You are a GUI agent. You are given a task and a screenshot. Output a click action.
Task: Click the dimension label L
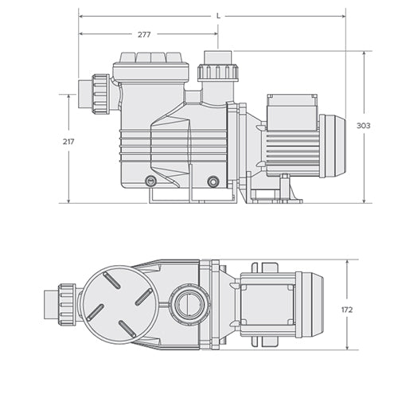[219, 15]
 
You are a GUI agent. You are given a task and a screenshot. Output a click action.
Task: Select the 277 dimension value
[144, 35]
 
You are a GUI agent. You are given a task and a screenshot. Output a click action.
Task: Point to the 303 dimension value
[363, 126]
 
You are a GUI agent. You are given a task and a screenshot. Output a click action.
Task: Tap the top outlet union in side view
[218, 69]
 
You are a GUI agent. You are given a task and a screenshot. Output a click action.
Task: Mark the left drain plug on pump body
[151, 181]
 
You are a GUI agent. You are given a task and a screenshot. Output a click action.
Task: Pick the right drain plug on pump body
[213, 181]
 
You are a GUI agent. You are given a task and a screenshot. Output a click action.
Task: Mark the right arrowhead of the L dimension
[343, 15]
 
